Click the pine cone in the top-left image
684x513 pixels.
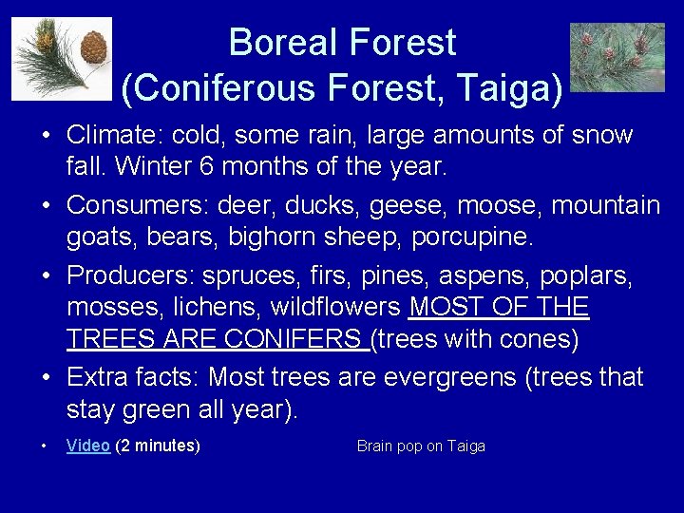tap(92, 47)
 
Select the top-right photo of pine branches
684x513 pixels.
tap(617, 57)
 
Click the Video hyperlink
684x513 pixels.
tap(88, 446)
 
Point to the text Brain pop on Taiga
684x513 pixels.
tap(421, 446)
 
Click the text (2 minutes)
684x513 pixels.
tap(158, 446)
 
